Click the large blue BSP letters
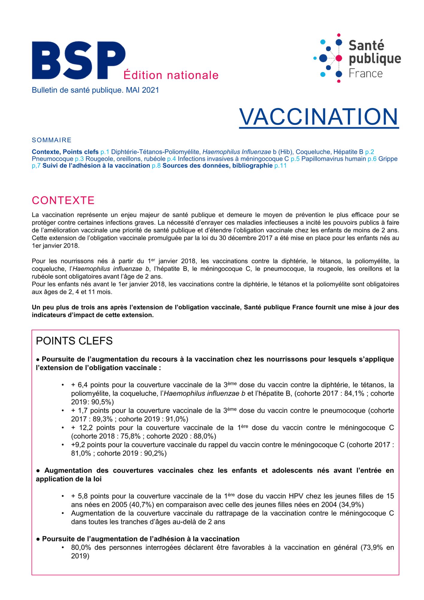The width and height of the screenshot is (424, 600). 79,60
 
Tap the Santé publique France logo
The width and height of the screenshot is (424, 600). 357,58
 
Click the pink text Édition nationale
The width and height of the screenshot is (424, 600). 171,75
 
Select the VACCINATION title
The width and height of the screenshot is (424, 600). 319,117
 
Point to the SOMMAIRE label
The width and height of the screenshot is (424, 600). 52,140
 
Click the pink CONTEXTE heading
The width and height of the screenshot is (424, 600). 63,200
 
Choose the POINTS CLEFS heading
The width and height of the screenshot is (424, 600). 74,341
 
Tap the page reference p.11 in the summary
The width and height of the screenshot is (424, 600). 280,166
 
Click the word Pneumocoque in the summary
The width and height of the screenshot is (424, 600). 52,159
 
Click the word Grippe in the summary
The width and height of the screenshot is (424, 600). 388,159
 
